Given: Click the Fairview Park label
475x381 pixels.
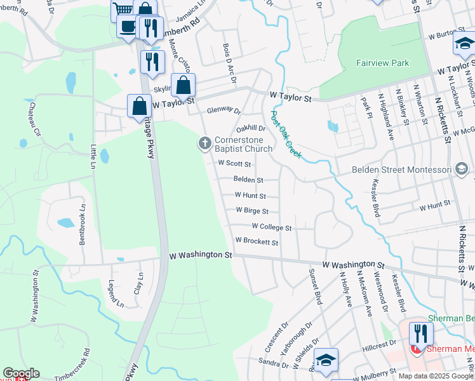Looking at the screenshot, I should click(382, 63).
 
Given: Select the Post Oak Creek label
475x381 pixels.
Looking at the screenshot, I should click(286, 135).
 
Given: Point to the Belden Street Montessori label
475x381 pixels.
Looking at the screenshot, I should click(401, 170).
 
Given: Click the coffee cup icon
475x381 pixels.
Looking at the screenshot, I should click(127, 27).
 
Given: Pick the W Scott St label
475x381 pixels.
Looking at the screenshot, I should click(235, 163).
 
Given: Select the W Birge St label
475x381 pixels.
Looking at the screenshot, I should click(252, 210).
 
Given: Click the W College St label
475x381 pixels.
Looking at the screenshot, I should click(271, 227).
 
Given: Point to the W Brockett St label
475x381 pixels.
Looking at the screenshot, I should click(257, 242).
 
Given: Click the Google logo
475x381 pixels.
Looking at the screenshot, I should click(20, 374).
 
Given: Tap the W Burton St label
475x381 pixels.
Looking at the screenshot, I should click(443, 37).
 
